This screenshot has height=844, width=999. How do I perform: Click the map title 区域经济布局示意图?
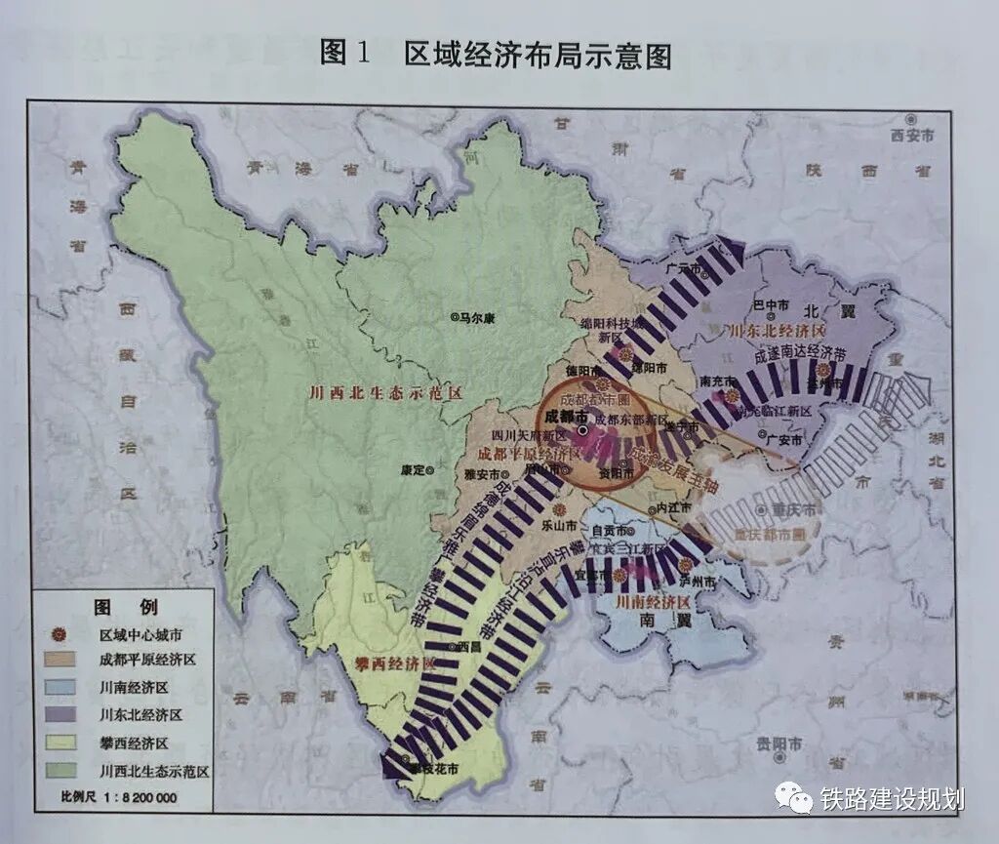538,55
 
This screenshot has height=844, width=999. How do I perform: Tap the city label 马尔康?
481,316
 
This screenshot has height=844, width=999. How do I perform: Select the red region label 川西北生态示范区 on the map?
383,393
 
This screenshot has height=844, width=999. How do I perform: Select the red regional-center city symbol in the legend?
60,635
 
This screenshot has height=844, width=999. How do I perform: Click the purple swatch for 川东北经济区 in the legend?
60,715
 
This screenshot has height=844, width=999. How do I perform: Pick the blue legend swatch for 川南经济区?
60,688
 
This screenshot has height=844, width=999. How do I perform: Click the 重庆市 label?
789,509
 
